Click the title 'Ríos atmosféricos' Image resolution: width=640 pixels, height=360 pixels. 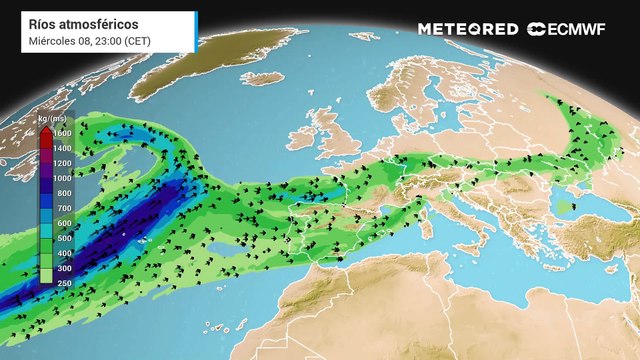[x=75, y=23]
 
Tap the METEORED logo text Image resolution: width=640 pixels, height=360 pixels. [x=467, y=29]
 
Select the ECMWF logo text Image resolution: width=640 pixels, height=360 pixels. [x=570, y=29]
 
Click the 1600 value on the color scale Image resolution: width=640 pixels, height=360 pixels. [x=62, y=133]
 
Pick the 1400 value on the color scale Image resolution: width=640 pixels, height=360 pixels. [x=62, y=148]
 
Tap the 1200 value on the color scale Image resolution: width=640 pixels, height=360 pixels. [x=62, y=163]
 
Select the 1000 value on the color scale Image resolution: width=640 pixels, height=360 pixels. [x=62, y=178]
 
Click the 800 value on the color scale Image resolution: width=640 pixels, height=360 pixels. [x=61, y=193]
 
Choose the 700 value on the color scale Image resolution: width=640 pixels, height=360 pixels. [x=61, y=208]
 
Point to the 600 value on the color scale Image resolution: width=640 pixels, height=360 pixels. [x=61, y=223]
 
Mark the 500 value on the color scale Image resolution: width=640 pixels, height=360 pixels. [x=61, y=238]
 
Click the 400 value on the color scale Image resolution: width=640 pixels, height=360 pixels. [x=61, y=253]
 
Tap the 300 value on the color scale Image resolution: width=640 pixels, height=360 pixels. [x=61, y=268]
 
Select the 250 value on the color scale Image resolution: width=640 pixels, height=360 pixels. [x=61, y=283]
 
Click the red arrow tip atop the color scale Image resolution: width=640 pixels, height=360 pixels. [x=45, y=128]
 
